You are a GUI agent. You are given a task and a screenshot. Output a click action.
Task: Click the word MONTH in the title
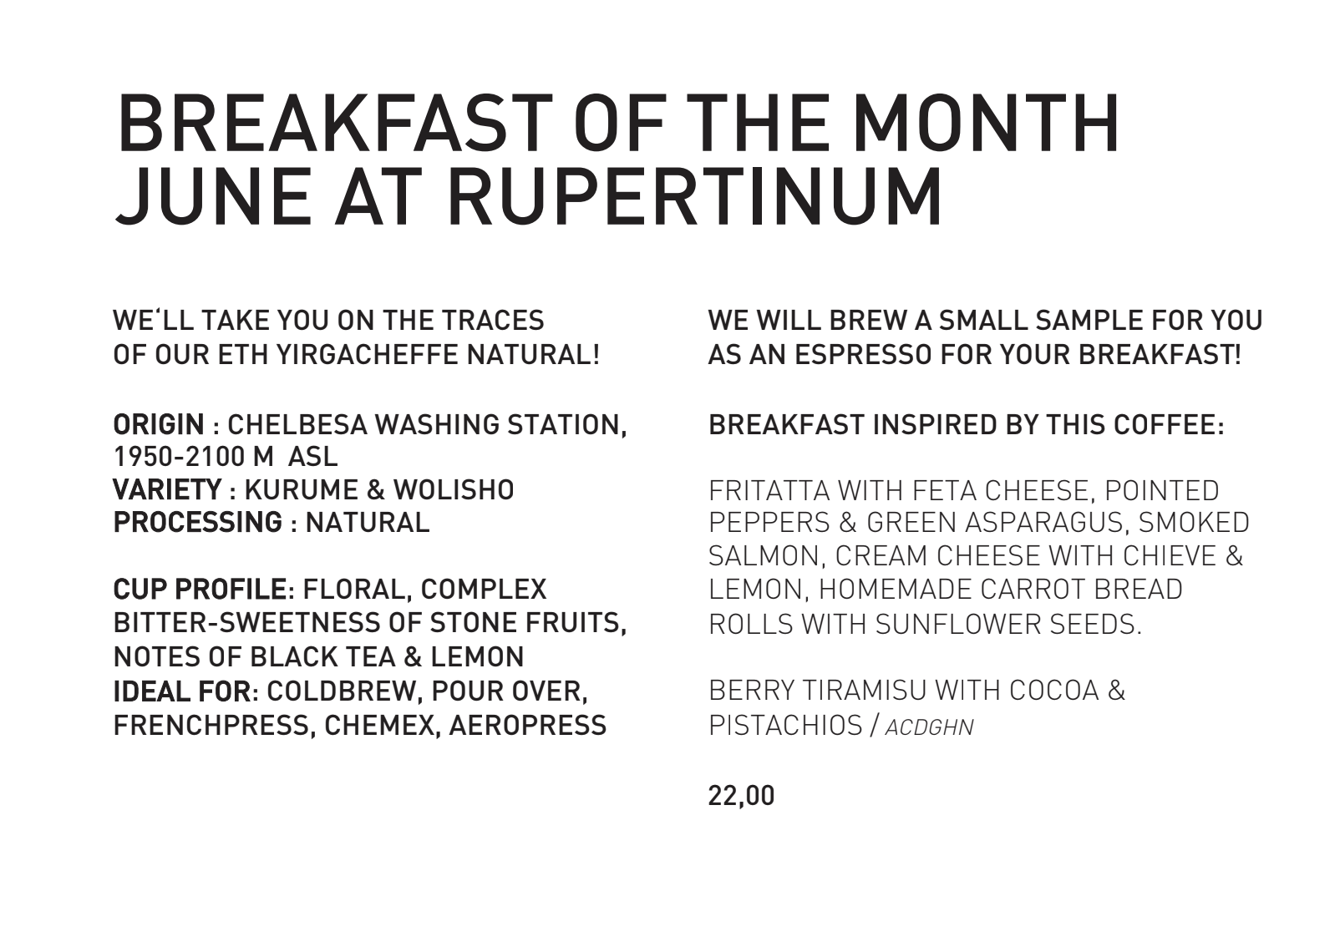[987, 124]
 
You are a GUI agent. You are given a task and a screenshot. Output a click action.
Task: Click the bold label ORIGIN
[159, 425]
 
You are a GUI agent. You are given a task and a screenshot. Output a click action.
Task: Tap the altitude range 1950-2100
[179, 457]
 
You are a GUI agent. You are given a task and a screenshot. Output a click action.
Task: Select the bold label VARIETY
[167, 489]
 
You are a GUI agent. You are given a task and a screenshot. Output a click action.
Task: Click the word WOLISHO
[454, 489]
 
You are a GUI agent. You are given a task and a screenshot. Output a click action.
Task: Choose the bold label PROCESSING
[198, 523]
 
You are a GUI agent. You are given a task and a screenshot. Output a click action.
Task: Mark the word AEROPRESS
[527, 725]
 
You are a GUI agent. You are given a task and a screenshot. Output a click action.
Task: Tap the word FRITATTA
[769, 491]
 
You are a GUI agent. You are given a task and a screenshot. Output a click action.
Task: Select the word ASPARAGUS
[1045, 523]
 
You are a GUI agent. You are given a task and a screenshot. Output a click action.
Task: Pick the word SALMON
[767, 556]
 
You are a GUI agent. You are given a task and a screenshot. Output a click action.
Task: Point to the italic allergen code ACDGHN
[929, 727]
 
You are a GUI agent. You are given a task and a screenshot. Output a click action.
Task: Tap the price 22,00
[741, 796]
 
